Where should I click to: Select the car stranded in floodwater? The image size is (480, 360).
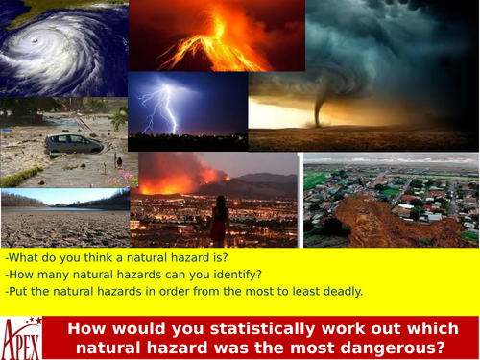73,144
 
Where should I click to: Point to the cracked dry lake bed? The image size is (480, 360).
63,228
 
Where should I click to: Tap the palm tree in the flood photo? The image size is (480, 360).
119,117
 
